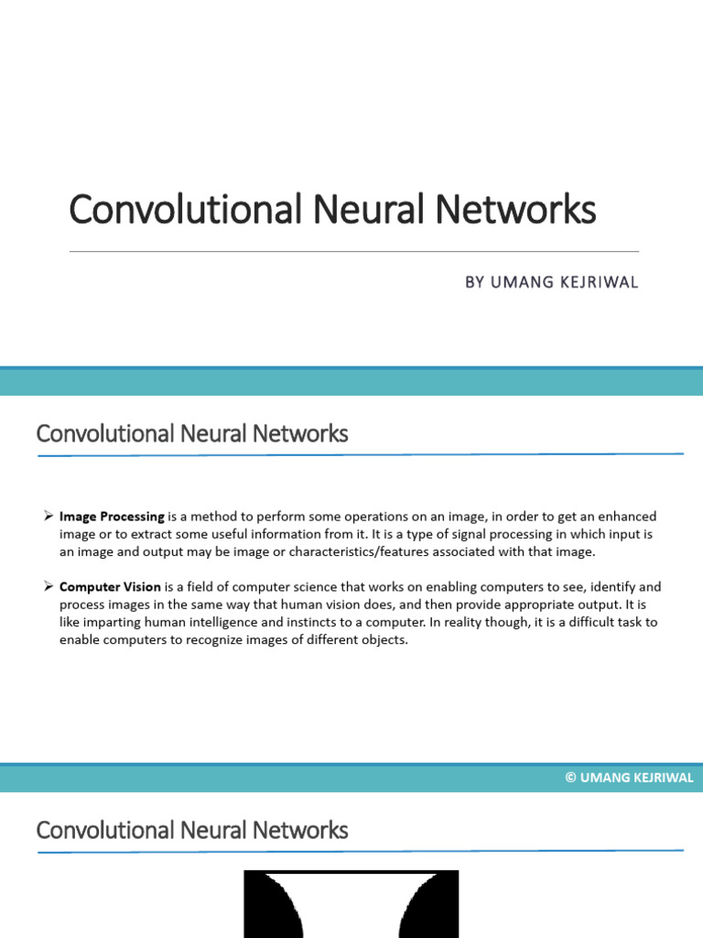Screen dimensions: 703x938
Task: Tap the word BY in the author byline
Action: (474, 283)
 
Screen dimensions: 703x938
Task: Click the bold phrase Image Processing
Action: (112, 517)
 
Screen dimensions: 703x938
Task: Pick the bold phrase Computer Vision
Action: (110, 587)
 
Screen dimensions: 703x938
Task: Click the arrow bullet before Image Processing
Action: (48, 517)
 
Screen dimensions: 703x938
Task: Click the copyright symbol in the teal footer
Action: (570, 779)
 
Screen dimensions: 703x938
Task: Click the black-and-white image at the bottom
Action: (351, 904)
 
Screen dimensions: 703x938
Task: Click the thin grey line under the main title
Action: (353, 251)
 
